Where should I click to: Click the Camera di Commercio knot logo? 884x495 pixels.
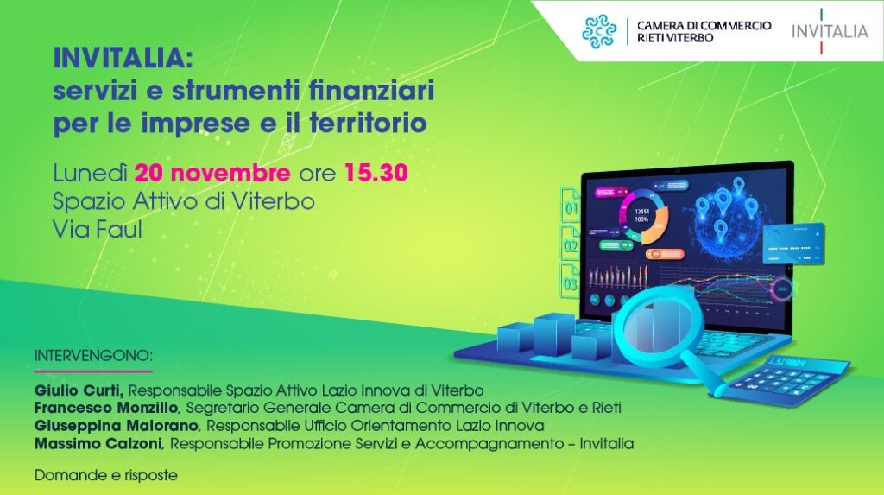point(599,32)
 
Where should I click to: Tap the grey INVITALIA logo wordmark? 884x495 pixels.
point(830,31)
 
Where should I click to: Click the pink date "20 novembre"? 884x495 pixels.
point(212,173)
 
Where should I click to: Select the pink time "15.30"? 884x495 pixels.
point(376,173)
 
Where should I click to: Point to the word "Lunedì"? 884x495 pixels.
point(90,173)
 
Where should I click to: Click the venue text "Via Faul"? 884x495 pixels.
point(97,230)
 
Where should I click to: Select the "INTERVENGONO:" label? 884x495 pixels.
point(93,356)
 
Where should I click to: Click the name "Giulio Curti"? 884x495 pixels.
point(79,390)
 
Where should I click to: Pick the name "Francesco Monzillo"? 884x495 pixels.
point(106,408)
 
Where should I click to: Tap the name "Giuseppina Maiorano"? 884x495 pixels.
point(117,426)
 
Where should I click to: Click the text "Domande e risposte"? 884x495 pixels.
point(106,475)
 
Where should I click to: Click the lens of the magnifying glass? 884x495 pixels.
point(654,323)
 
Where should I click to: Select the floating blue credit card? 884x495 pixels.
point(793,244)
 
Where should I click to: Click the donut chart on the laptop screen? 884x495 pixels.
point(642,217)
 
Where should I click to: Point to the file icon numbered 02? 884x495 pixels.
point(570,243)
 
